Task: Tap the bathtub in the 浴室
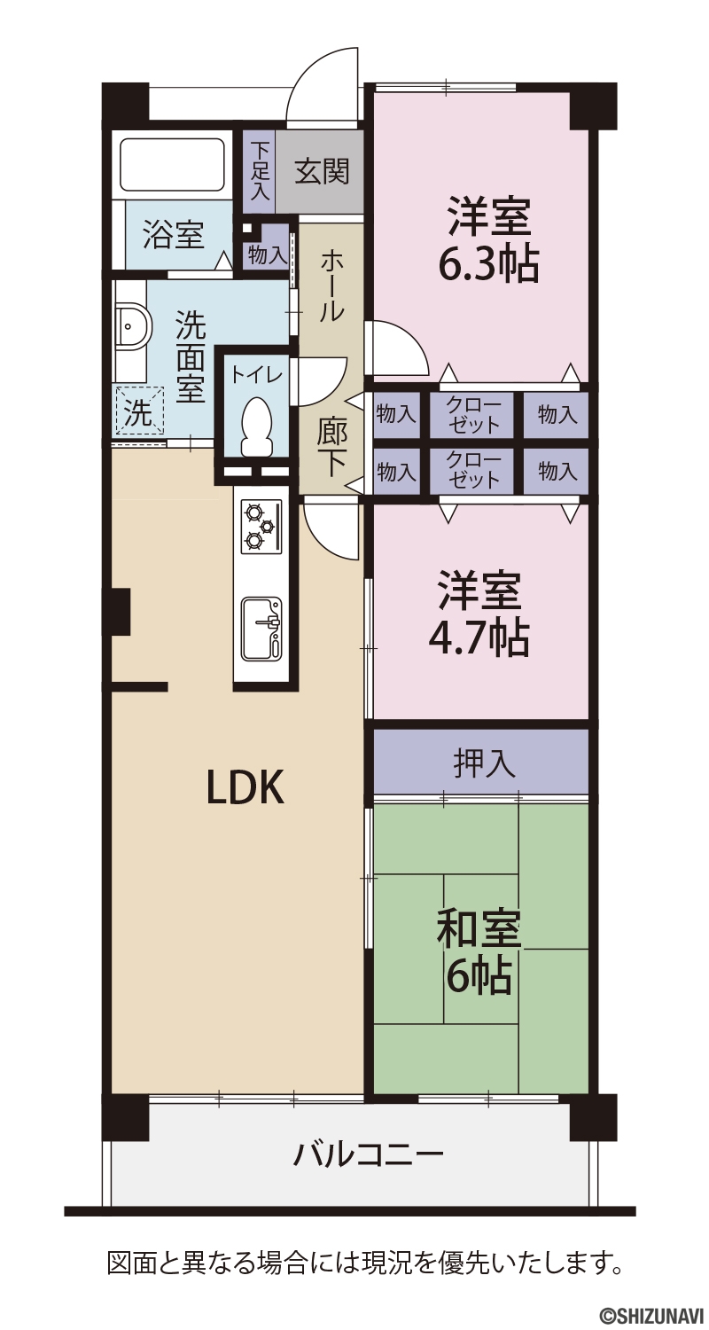[173, 165]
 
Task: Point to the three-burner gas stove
[261, 526]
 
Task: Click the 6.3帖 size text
[488, 264]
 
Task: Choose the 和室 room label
[479, 928]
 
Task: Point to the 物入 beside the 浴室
[268, 255]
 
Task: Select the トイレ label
[256, 374]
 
